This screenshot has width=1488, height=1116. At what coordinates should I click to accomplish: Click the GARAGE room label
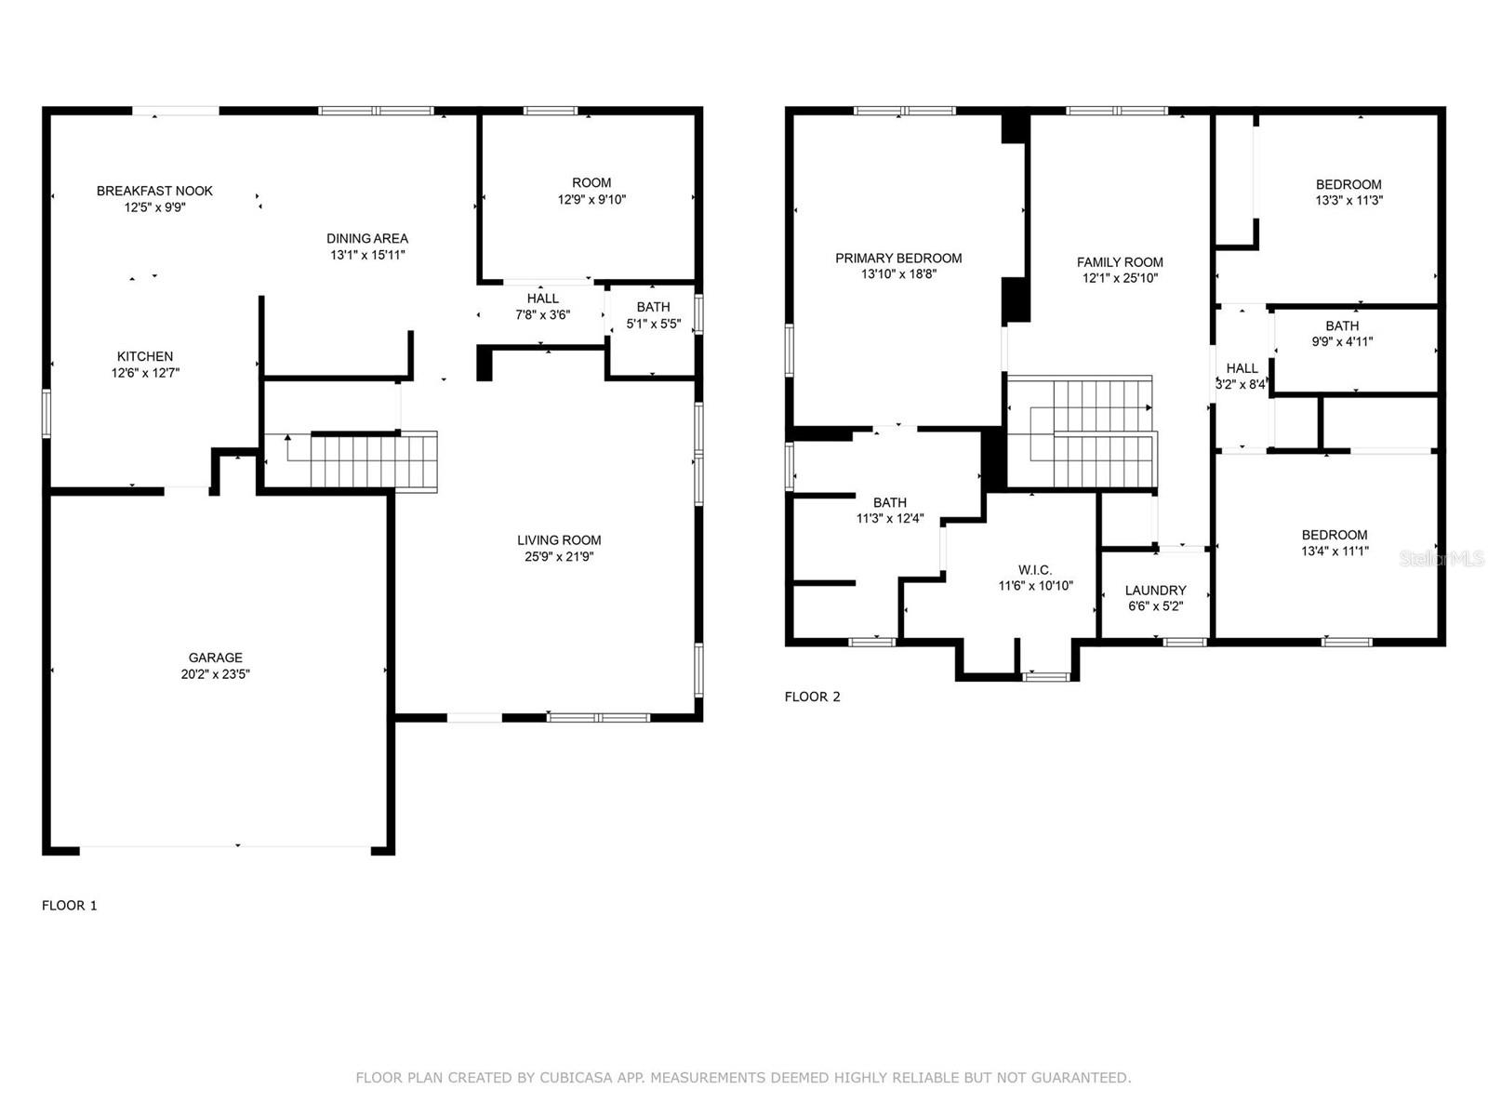(215, 658)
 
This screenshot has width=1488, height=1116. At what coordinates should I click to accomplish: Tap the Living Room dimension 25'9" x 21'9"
(559, 557)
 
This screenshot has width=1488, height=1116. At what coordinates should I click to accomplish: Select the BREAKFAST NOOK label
(154, 191)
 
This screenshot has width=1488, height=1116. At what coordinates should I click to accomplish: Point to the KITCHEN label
(144, 356)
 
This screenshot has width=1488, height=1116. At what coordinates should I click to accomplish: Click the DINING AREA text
(366, 238)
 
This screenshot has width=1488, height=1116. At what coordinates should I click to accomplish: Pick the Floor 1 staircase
(372, 461)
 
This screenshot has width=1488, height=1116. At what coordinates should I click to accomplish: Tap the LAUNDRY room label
(1155, 591)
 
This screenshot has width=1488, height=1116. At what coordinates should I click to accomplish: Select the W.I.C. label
(1034, 570)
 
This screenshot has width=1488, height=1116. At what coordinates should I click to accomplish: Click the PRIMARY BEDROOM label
(898, 259)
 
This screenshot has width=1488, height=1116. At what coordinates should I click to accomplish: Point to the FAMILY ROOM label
(1120, 262)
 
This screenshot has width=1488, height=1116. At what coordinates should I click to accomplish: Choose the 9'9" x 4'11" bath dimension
(1341, 341)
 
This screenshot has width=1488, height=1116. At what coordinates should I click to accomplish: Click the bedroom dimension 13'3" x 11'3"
(1348, 200)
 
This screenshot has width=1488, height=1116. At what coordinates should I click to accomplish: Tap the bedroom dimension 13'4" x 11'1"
(1334, 551)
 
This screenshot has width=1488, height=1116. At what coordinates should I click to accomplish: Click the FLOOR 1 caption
(70, 905)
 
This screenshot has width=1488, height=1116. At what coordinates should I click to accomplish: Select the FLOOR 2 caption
(812, 697)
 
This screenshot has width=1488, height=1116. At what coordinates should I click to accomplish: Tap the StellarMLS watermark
(1441, 558)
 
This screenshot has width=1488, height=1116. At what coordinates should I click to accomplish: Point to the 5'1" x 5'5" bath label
(653, 315)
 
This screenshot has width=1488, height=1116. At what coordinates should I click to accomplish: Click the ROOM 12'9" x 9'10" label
(591, 191)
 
